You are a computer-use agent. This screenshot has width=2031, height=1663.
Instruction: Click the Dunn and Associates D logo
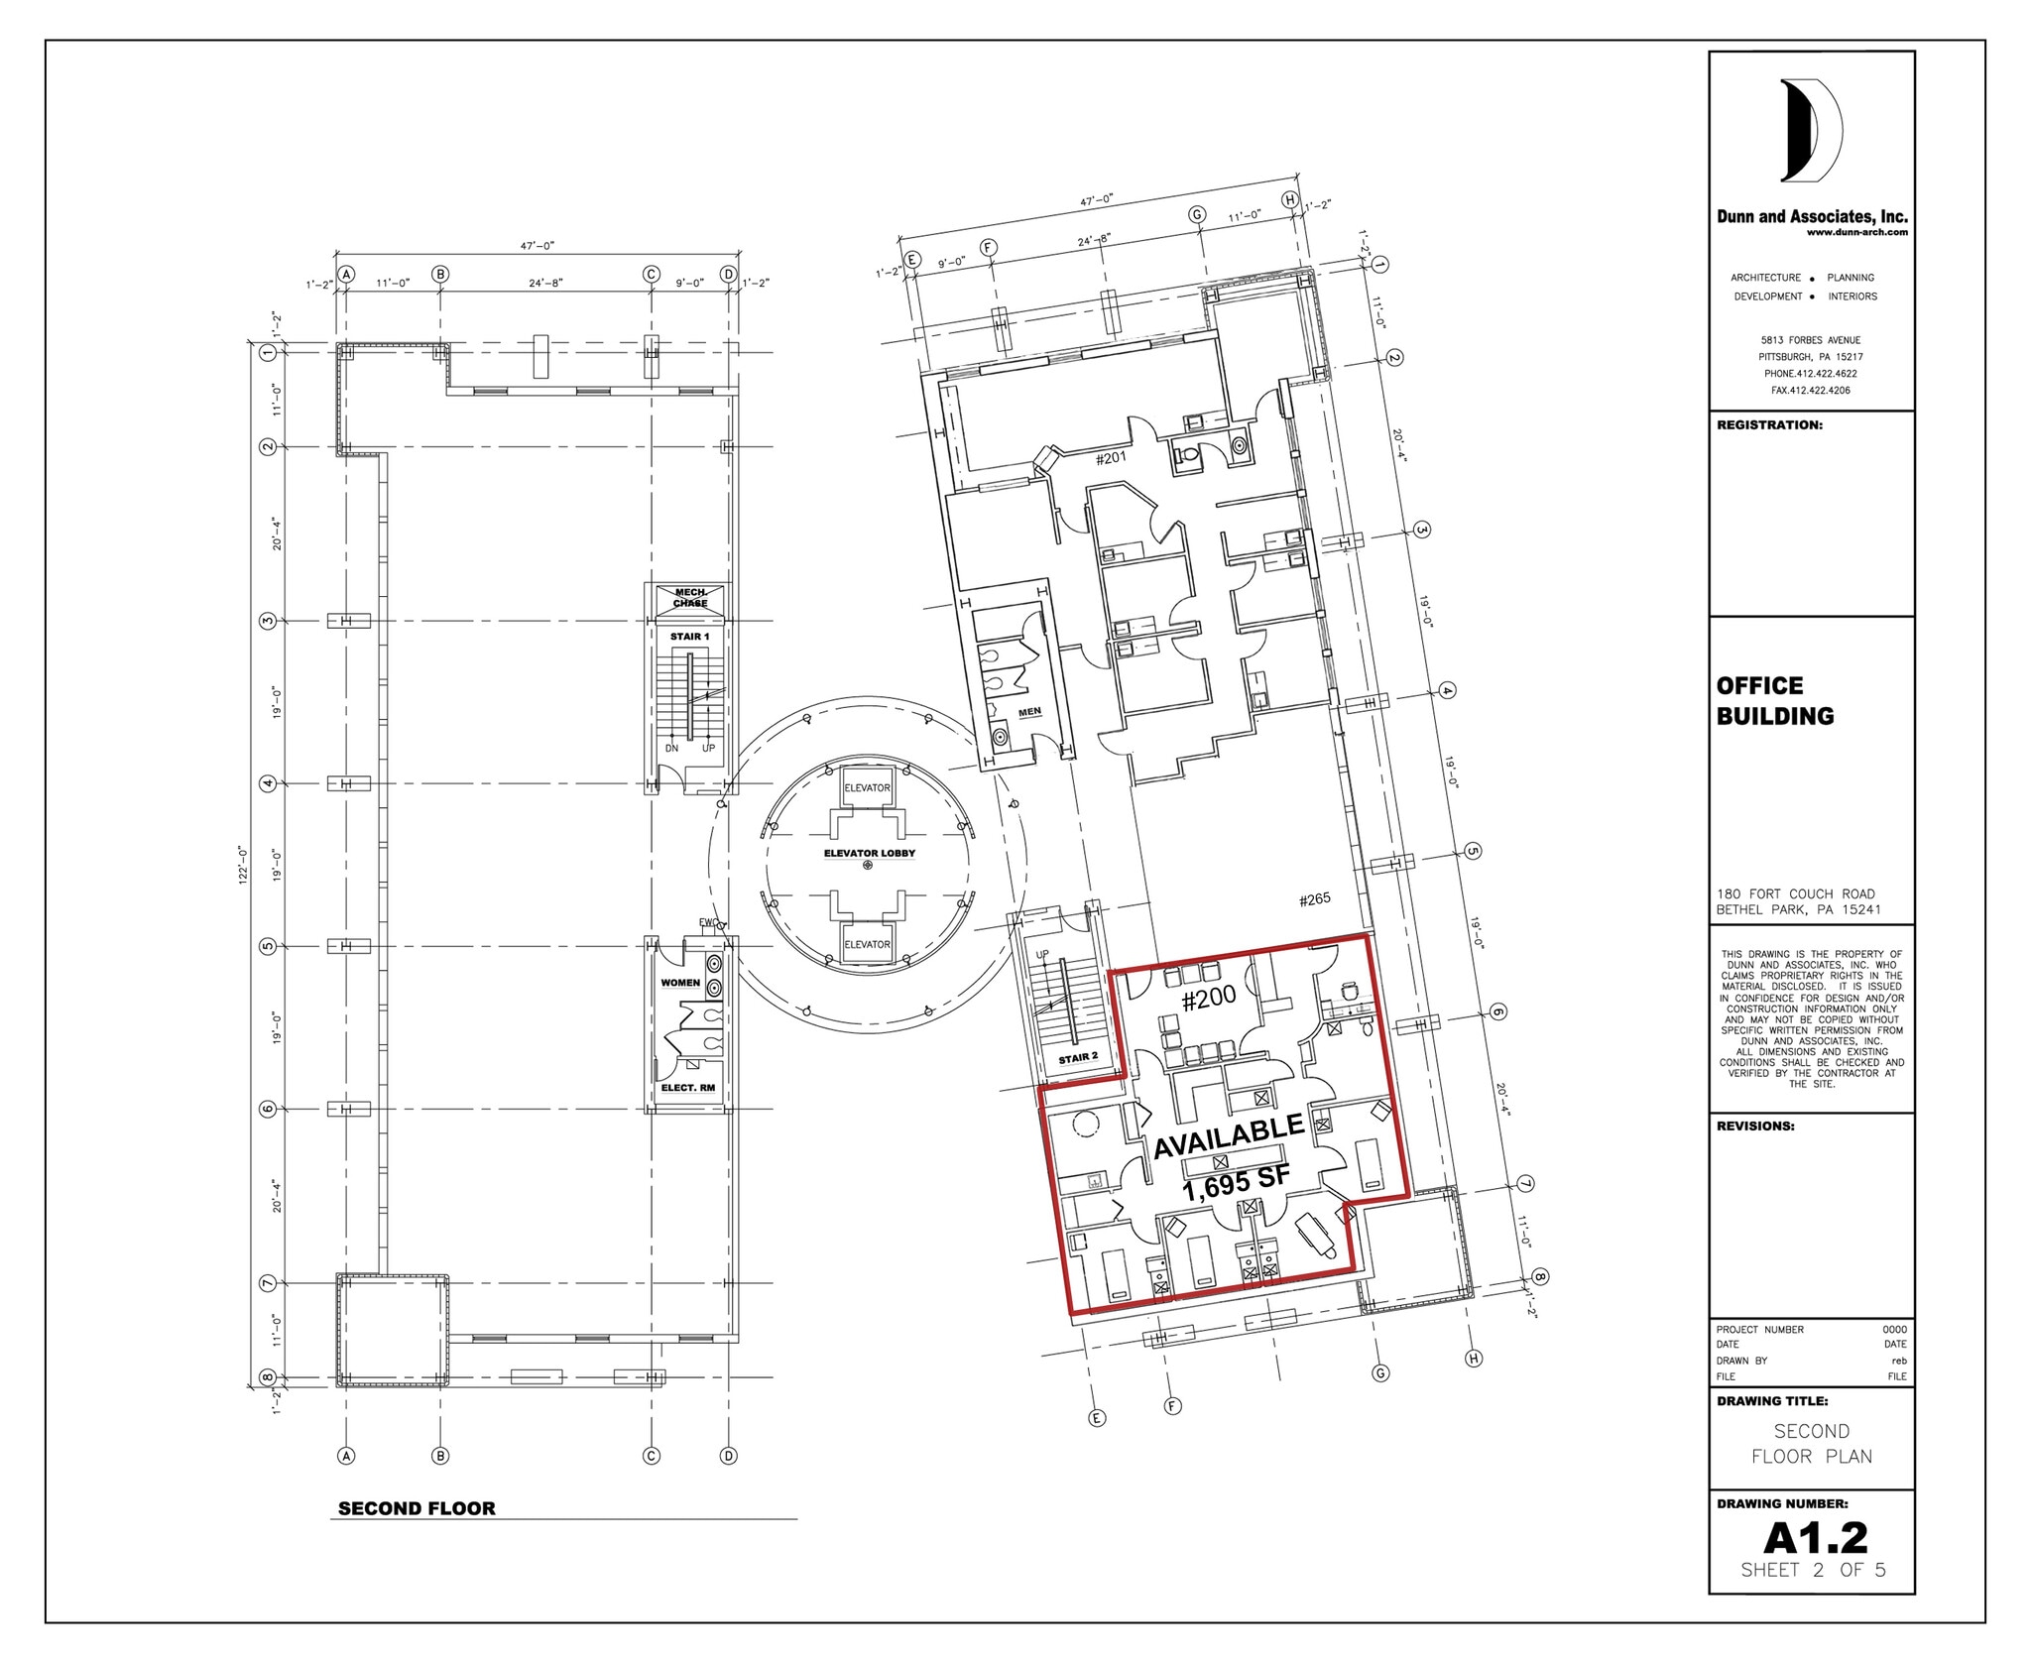(1811, 131)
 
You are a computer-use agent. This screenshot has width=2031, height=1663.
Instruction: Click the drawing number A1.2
(1815, 1538)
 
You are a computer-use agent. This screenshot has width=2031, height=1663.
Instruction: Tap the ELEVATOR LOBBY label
(869, 853)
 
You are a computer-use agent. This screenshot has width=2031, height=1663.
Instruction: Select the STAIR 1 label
(689, 637)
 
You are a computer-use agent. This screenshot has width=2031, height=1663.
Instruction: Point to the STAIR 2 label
(1078, 1058)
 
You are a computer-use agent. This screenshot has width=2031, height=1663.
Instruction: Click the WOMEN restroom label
(680, 983)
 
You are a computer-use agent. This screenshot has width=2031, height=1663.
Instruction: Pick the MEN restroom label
(1029, 712)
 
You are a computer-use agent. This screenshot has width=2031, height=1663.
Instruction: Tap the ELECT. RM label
(687, 1088)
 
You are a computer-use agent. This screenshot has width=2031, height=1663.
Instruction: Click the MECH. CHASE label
(690, 598)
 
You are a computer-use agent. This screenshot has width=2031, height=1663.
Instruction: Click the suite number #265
(1315, 899)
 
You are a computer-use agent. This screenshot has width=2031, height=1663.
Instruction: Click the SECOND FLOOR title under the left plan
(417, 1508)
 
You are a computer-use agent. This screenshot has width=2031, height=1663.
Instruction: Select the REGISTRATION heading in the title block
(1769, 425)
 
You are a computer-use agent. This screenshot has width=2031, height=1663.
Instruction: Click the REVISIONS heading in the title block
(1755, 1127)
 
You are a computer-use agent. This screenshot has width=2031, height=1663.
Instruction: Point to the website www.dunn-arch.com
(1856, 233)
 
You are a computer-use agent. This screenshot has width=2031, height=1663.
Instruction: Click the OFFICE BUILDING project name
(1775, 700)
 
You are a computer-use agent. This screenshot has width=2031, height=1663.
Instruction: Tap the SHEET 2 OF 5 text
(1814, 1570)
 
